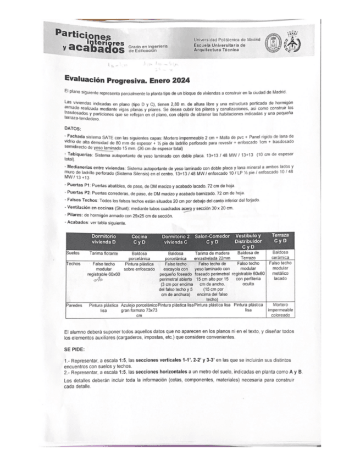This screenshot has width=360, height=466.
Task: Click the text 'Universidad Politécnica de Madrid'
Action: (x=227, y=40)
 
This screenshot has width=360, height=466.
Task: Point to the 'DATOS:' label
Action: (x=73, y=128)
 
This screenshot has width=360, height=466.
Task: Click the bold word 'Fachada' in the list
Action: (x=75, y=135)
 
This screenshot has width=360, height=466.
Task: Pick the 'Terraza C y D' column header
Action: (x=280, y=238)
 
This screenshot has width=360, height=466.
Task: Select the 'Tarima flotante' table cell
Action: (x=103, y=253)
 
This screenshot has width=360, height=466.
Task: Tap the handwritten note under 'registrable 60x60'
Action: (x=99, y=279)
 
